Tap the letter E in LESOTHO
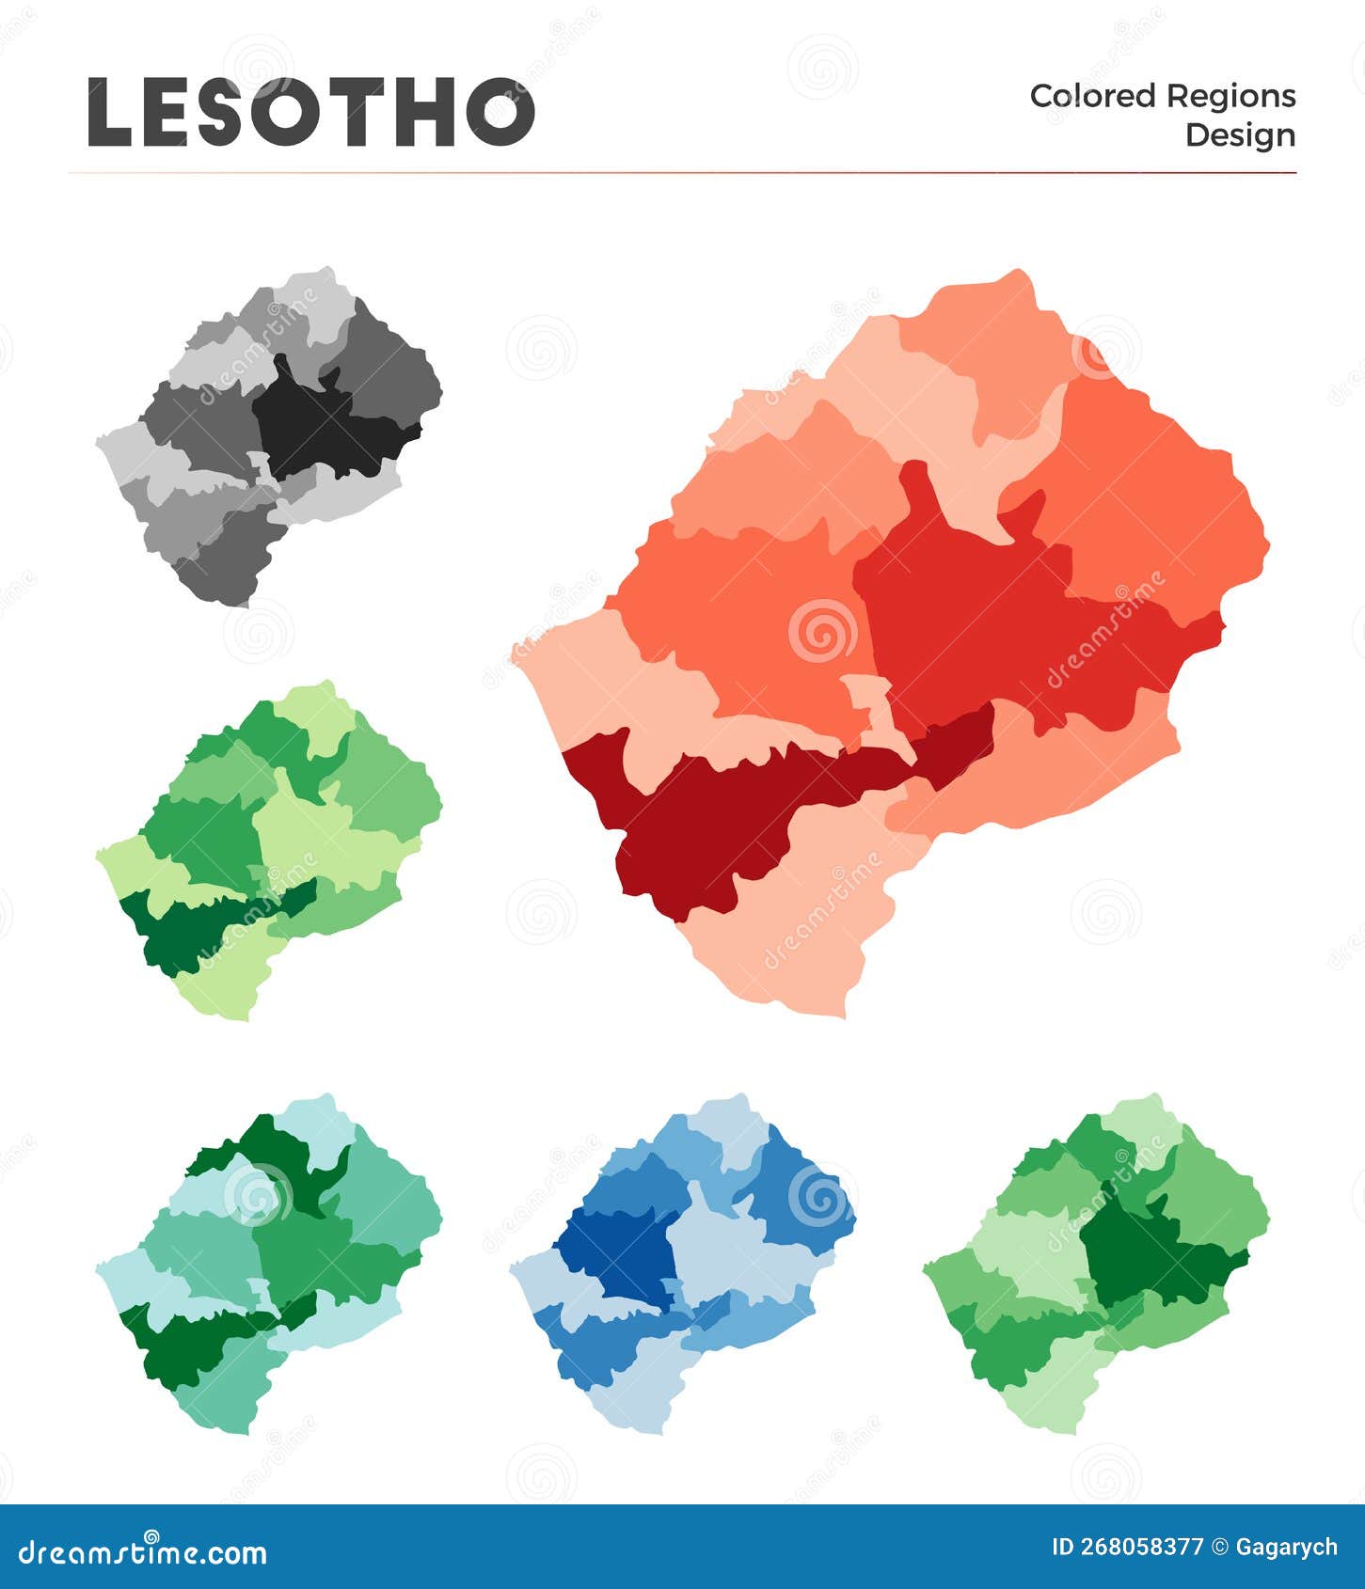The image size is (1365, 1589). point(173,113)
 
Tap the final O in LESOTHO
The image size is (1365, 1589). point(499,113)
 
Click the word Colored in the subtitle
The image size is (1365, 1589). point(1091,96)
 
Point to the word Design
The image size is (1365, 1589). point(1240,134)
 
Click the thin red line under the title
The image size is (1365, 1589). point(682,173)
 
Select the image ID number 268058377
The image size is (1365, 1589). point(1140,1548)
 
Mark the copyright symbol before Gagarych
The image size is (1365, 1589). point(1219,1548)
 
